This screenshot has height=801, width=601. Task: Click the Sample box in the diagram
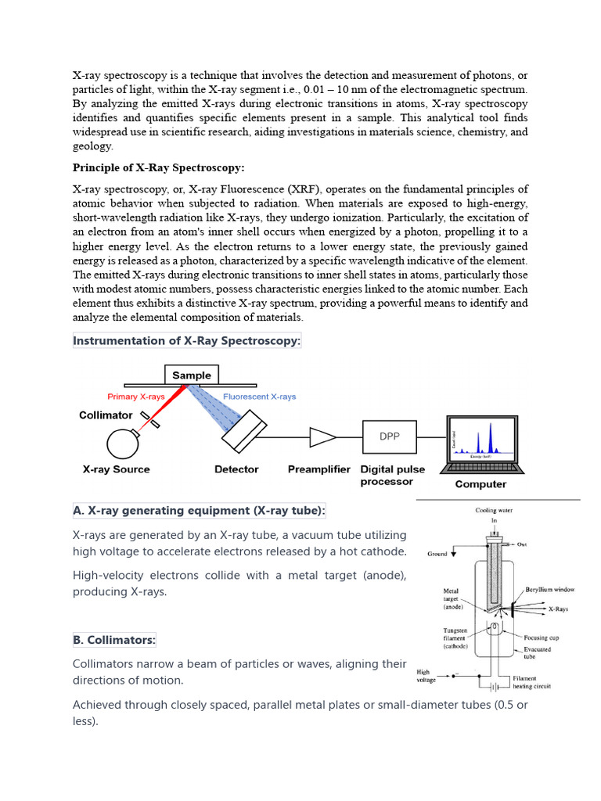click(192, 375)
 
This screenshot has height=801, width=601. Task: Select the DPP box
click(389, 436)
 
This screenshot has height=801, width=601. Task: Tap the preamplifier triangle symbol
click(321, 436)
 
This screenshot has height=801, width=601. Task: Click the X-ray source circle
click(123, 443)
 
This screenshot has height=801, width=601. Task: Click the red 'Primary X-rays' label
click(136, 397)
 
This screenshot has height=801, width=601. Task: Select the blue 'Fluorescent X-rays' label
click(260, 397)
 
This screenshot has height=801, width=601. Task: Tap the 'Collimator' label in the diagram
click(106, 415)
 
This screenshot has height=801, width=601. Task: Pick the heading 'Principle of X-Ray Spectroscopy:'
click(159, 167)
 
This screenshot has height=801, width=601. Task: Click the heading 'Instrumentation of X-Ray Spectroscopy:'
click(187, 341)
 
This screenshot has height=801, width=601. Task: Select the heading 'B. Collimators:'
click(114, 640)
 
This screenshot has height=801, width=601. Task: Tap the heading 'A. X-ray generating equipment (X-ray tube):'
click(200, 511)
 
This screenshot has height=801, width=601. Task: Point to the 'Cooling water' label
click(495, 510)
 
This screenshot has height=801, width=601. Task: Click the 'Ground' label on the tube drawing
click(438, 554)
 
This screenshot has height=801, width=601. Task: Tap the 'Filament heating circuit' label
click(532, 682)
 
